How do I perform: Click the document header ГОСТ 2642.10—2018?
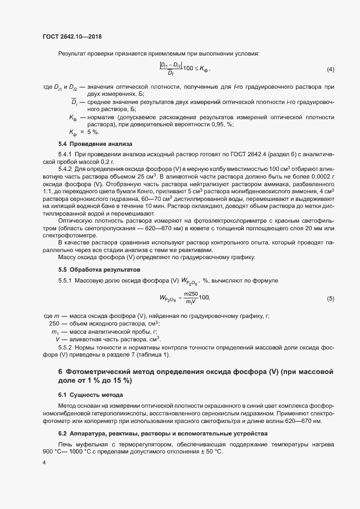tap(72, 36)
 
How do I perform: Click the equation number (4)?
tap(330, 70)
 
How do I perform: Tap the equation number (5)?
tap(330, 298)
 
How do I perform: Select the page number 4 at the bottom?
tap(44, 463)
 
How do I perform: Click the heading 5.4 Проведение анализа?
tap(91, 144)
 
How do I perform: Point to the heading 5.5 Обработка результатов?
tap(99, 269)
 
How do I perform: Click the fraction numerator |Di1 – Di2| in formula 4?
tap(170, 65)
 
